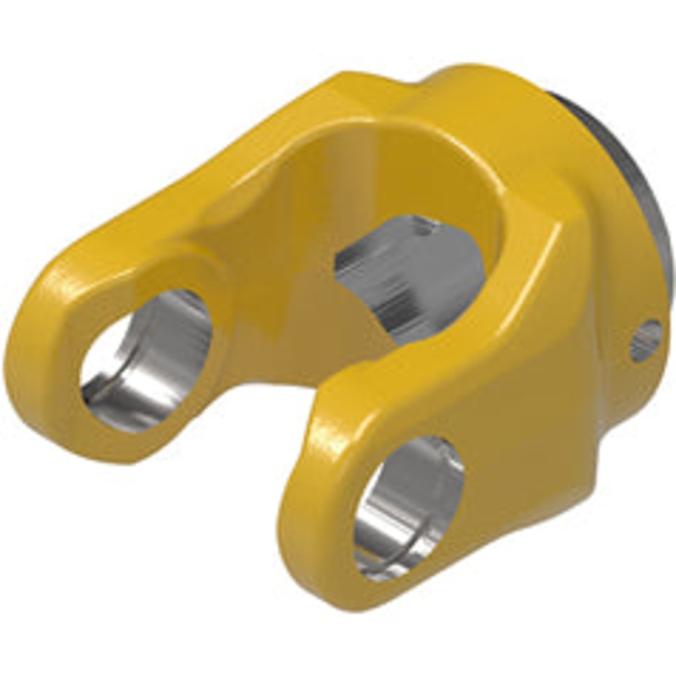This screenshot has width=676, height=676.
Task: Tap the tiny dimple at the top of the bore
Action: point(422,221)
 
